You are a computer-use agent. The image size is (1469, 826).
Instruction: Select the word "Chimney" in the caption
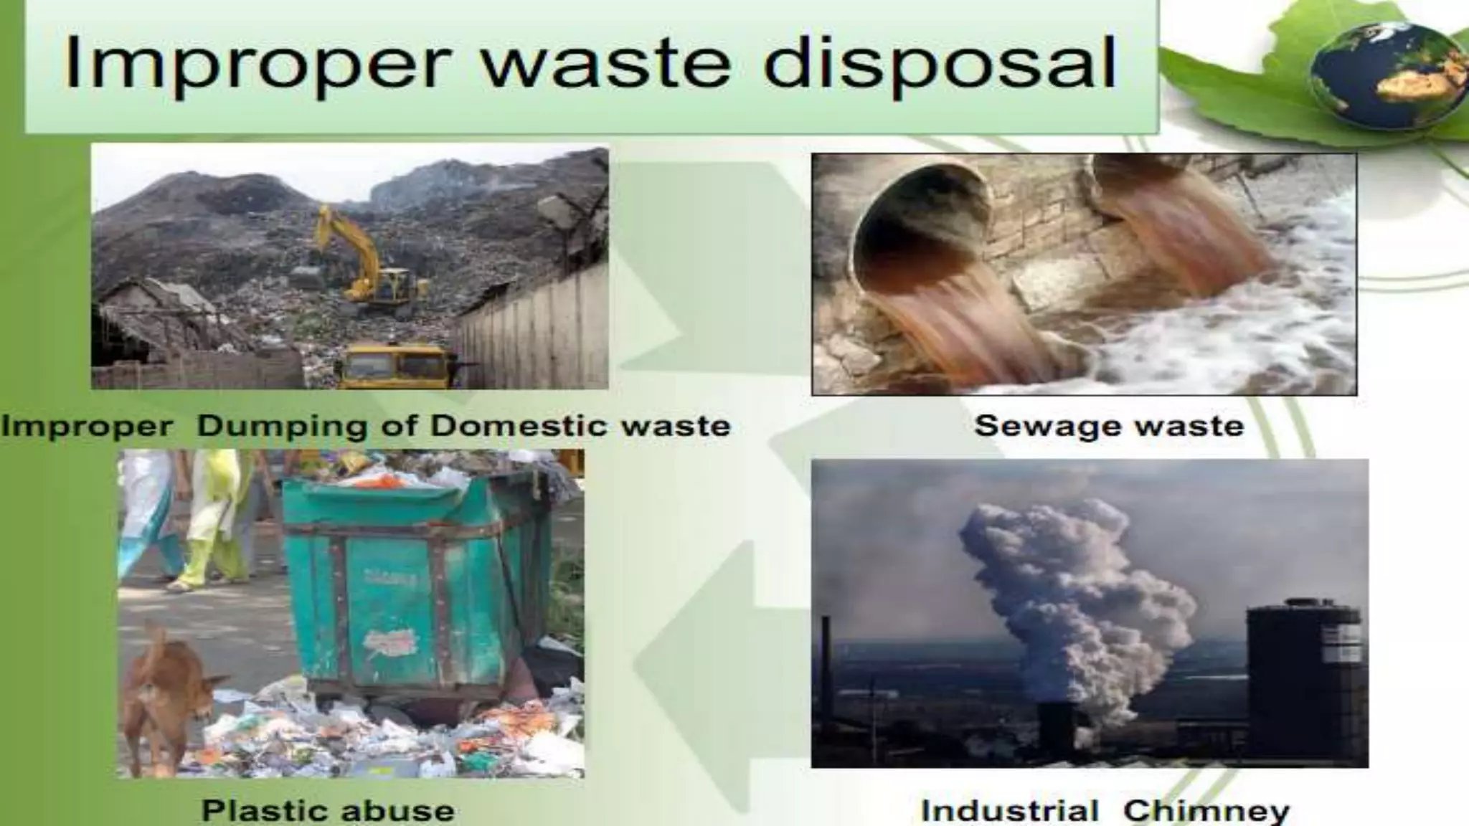click(1206, 811)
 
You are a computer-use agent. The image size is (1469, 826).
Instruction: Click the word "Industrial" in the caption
click(1010, 811)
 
